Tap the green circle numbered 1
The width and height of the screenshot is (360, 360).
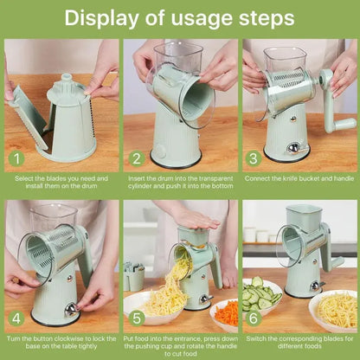pyautogui.click(x=15, y=158)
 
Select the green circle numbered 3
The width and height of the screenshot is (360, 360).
pyautogui.click(x=254, y=158)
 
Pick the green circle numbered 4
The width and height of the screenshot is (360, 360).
pyautogui.click(x=15, y=318)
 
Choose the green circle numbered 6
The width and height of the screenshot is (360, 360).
pyautogui.click(x=254, y=318)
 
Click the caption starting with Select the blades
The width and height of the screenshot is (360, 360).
pyautogui.click(x=60, y=183)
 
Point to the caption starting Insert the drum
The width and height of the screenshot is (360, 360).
pyautogui.click(x=179, y=183)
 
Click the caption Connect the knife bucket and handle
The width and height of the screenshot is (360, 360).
pyautogui.click(x=299, y=178)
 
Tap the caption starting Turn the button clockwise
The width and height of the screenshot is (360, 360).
pyautogui.click(x=60, y=342)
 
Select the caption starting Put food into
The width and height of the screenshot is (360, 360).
pyautogui.click(x=179, y=346)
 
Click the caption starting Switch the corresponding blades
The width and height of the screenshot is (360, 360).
pyautogui.click(x=299, y=342)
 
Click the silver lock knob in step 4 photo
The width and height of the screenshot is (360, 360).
pyautogui.click(x=73, y=308)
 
